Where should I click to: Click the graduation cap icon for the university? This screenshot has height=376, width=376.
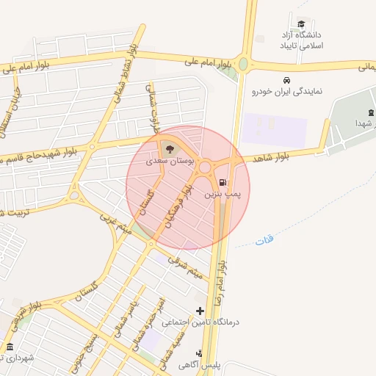pos(301,23)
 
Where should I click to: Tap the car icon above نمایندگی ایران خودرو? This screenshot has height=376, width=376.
pos(286,79)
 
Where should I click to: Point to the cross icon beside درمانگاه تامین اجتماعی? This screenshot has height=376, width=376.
pos(200,311)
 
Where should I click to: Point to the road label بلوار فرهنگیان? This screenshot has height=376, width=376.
pos(179,205)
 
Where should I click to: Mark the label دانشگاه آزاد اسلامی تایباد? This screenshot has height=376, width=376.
pos(301,40)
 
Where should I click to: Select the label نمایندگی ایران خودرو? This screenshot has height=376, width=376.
pos(287,92)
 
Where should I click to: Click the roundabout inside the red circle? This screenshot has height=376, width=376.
pos(206,167)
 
